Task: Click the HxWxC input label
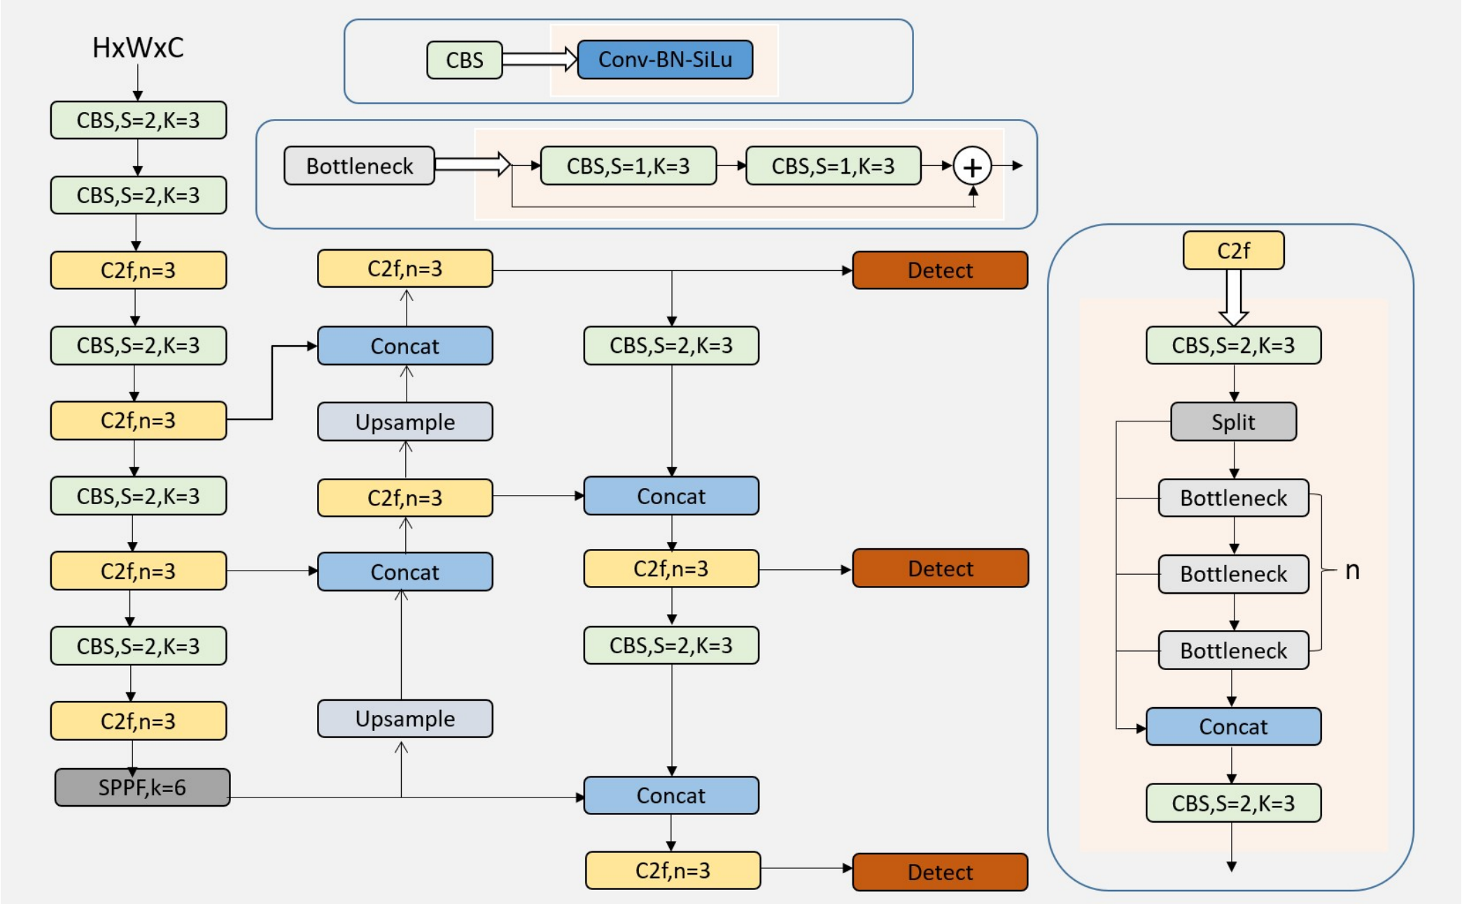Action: point(138,48)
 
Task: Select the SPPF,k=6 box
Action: point(142,788)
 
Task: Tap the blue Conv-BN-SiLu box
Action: point(665,60)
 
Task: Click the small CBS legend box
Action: point(465,60)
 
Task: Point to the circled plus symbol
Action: point(972,167)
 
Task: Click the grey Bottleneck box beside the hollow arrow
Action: point(359,166)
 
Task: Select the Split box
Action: point(1233,421)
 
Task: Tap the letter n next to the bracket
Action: point(1352,571)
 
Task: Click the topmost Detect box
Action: point(940,270)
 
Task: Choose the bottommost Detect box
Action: point(940,872)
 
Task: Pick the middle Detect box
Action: point(940,569)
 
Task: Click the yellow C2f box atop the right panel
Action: point(1233,251)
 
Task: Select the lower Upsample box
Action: point(405,719)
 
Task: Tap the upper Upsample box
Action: point(405,421)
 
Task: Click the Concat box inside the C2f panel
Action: point(1233,727)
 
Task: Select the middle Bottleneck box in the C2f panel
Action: point(1233,574)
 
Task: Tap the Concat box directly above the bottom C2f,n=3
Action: point(671,795)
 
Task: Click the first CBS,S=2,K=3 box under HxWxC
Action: point(138,120)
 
